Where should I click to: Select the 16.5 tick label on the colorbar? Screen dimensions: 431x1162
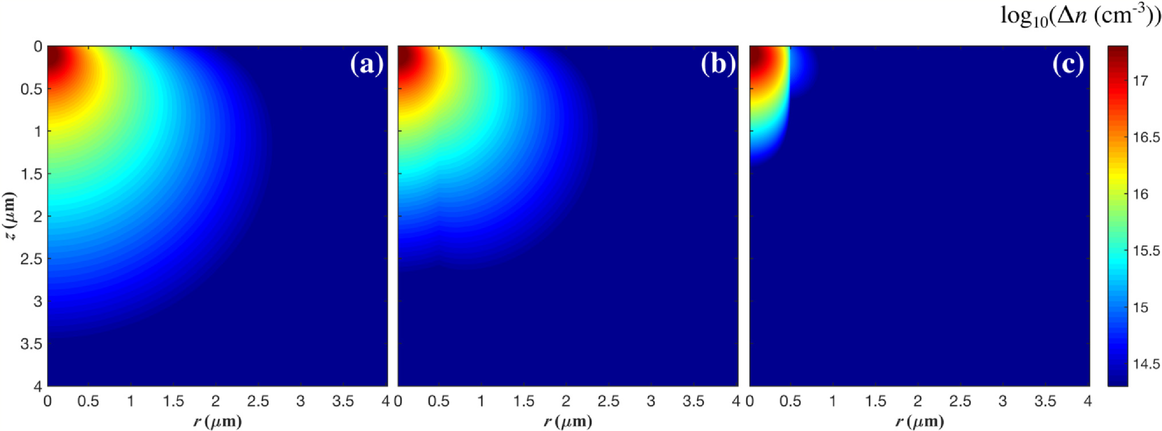pos(1146,138)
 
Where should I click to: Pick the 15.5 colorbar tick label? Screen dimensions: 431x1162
pos(1146,251)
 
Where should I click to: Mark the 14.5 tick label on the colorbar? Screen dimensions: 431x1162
pos(1146,364)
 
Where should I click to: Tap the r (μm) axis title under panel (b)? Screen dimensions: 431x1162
pos(568,421)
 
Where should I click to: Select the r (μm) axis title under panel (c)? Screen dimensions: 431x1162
pos(920,421)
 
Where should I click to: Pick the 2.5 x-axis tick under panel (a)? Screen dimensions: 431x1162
pos(259,401)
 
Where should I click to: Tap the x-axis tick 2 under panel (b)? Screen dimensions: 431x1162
pos(566,401)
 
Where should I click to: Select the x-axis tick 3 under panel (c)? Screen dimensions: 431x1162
pos(1003,401)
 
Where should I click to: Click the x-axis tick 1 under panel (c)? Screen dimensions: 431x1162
pos(833,401)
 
